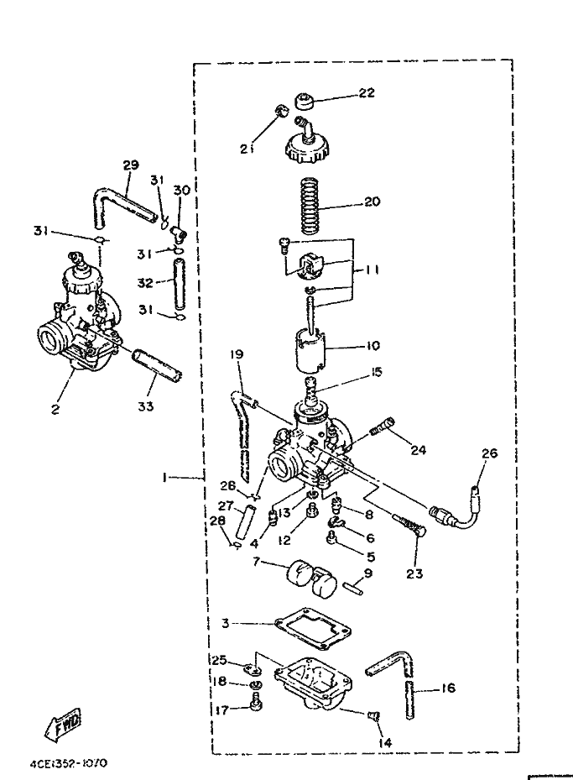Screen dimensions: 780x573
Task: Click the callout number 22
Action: coord(366,93)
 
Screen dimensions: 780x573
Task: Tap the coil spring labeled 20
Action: coord(312,203)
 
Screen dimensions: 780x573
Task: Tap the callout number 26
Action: coord(489,453)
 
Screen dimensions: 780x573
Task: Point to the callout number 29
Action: coord(129,165)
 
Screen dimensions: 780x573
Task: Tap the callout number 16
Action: coord(447,688)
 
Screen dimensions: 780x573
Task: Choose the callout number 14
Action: coord(384,742)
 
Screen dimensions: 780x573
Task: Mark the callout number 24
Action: coord(418,450)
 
